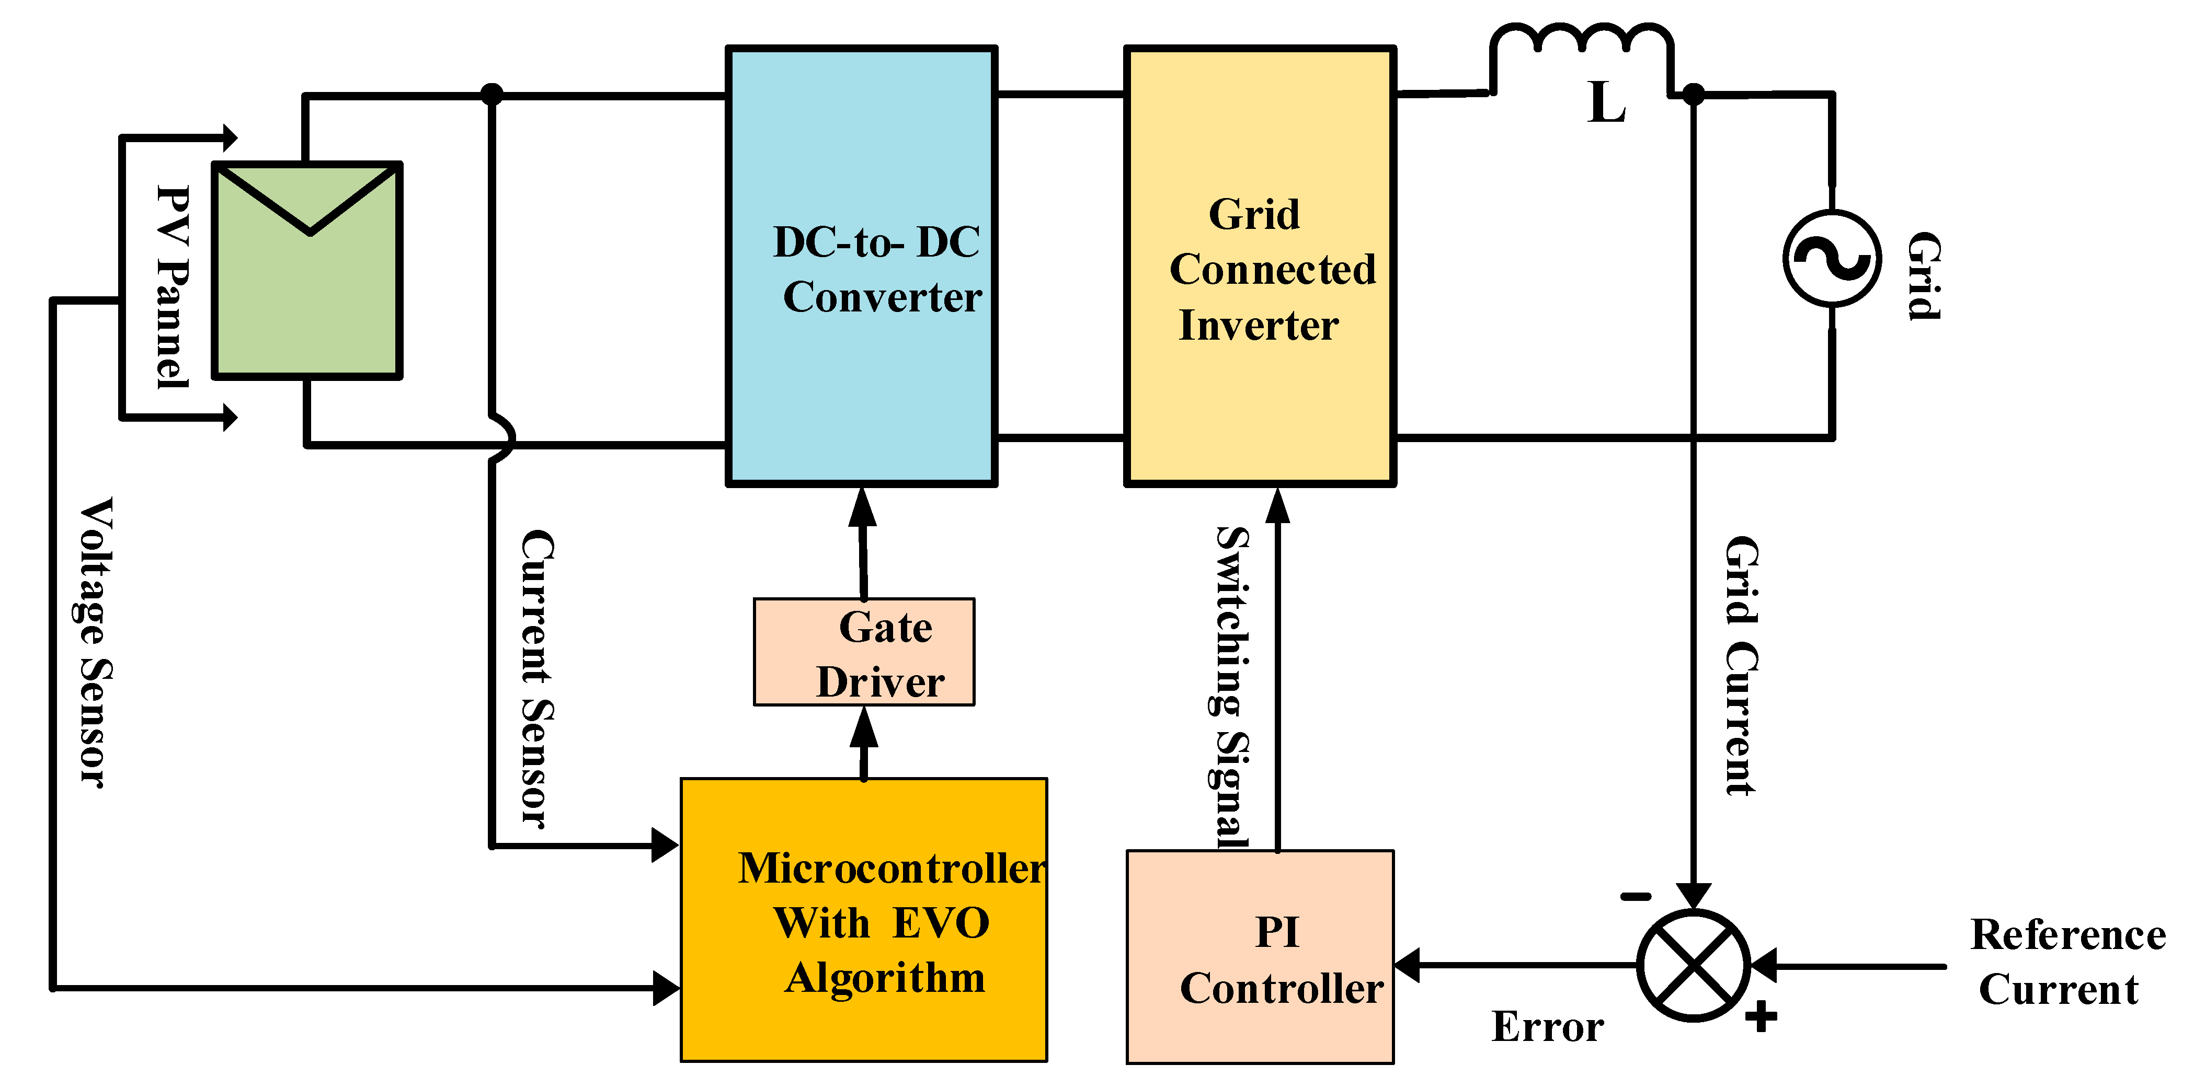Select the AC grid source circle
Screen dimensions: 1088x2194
(1831, 258)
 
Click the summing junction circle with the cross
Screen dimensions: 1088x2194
(1693, 965)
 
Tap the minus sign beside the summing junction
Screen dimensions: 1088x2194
(1635, 896)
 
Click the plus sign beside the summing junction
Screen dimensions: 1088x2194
(1761, 1016)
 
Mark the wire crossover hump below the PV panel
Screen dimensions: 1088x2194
(502, 438)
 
